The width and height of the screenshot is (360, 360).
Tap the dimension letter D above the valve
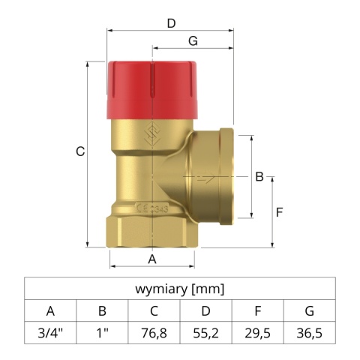[171, 23]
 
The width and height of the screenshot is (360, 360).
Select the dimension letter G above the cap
[193, 41]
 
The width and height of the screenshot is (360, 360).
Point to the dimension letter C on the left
[80, 151]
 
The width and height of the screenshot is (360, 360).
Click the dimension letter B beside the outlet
[259, 177]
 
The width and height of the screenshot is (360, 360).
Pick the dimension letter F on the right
[278, 211]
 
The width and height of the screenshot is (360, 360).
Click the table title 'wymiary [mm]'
[179, 289]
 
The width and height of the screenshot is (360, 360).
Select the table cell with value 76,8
[154, 332]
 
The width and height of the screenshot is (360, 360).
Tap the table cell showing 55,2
[205, 332]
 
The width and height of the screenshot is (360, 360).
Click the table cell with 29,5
[257, 332]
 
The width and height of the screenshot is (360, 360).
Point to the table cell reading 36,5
[309, 332]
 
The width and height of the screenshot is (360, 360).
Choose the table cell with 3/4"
[50, 332]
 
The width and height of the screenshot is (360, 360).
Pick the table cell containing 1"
[102, 332]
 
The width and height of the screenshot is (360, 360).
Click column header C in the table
[154, 310]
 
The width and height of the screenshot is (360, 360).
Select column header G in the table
[309, 310]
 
